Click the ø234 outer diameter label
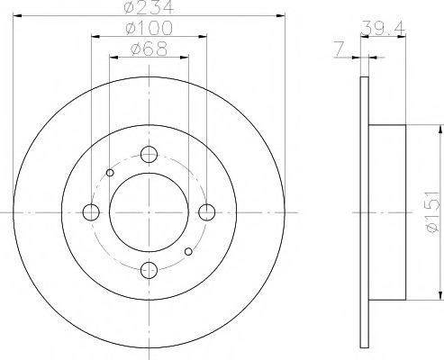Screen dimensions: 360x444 149,8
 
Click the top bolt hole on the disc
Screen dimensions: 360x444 149,154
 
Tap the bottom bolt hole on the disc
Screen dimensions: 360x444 149,269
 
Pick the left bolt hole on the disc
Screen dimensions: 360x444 90,212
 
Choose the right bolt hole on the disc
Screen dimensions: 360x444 207,212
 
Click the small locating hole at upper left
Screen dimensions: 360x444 110,173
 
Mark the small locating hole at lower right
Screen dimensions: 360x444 187,251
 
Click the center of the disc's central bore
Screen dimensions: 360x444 149,212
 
